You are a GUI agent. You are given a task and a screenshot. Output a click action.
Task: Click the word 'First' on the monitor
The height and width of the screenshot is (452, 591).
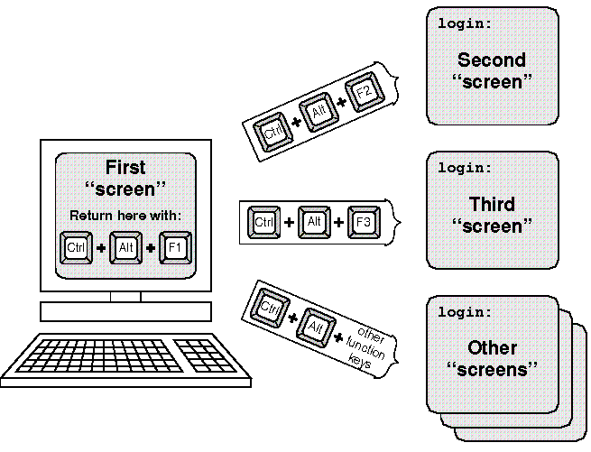click(x=125, y=168)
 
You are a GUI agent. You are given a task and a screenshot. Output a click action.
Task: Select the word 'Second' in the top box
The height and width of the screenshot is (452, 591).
click(x=491, y=61)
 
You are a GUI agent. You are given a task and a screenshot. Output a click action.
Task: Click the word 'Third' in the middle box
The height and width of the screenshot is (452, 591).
click(x=492, y=205)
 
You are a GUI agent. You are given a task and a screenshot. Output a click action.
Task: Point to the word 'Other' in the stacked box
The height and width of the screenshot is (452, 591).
click(x=492, y=348)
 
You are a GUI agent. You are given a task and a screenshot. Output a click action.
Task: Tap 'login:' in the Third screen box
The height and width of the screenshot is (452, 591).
click(x=466, y=168)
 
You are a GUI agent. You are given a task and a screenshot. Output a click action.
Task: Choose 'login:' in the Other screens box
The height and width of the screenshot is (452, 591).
click(x=466, y=312)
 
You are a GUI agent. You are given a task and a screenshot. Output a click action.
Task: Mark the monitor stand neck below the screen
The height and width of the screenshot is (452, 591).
click(x=125, y=297)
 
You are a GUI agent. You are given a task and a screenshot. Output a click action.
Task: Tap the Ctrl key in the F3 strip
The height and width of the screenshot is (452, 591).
click(x=264, y=222)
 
